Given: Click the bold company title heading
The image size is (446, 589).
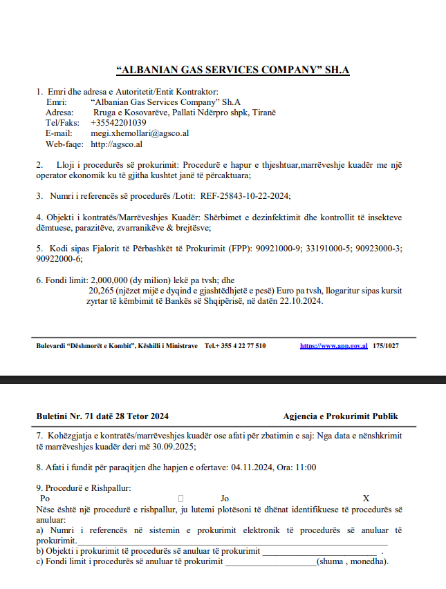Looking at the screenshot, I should (x=234, y=70).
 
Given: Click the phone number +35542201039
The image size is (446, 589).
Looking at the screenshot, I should (x=118, y=122).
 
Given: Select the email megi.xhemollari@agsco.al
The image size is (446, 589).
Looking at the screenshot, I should (x=140, y=133).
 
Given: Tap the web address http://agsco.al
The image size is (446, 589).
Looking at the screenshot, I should (x=116, y=144).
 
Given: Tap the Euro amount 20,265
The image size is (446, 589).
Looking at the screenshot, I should (x=101, y=291).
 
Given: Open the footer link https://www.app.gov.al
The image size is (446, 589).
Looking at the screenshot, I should (x=333, y=345).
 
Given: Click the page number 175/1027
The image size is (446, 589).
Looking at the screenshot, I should (x=385, y=345).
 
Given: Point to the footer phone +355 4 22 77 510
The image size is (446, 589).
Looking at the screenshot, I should (x=235, y=345).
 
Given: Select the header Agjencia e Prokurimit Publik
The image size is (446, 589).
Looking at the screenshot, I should (x=340, y=416).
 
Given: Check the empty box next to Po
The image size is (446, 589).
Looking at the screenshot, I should (x=180, y=498).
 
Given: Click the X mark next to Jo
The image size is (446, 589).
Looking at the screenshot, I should (x=366, y=498).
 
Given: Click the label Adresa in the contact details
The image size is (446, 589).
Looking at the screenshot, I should (x=59, y=112).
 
